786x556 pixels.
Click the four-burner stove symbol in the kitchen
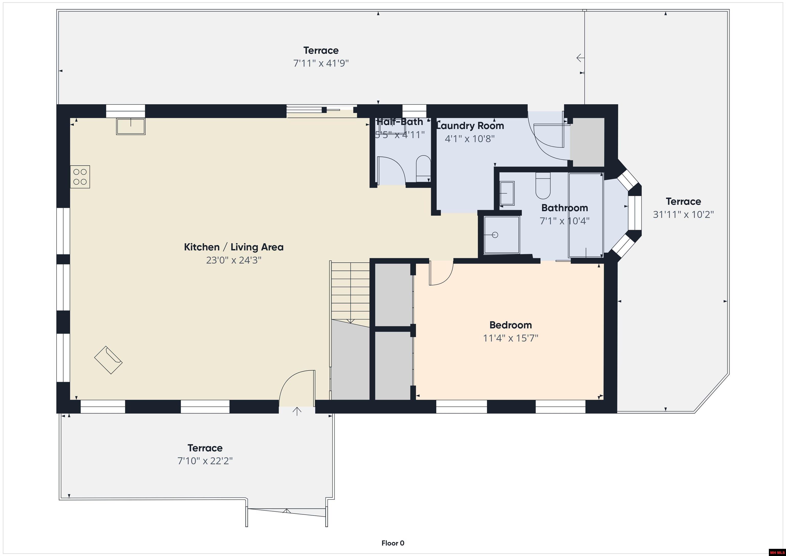click(x=80, y=177)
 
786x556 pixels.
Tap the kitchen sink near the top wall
click(x=131, y=126)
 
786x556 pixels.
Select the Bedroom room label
click(x=510, y=325)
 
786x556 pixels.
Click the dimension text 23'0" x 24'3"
click(x=234, y=260)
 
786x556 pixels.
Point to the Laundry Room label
click(x=470, y=126)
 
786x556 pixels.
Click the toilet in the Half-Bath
click(x=423, y=168)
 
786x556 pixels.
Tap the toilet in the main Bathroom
click(x=543, y=186)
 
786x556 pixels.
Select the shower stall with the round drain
click(x=501, y=235)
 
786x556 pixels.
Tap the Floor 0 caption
click(x=393, y=543)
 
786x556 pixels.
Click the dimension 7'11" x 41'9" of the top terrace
click(x=321, y=63)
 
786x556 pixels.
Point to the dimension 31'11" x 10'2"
click(x=683, y=215)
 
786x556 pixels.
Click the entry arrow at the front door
click(x=297, y=411)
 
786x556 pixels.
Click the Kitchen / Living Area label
click(x=234, y=247)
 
